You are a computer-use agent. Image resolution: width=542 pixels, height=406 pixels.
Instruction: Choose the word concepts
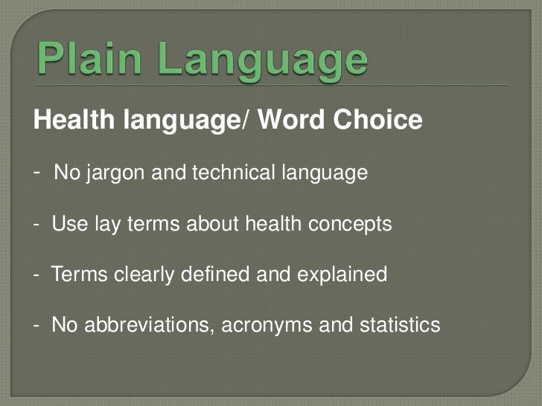click(351, 225)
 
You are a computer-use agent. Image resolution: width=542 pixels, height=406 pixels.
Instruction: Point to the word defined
click(214, 275)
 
